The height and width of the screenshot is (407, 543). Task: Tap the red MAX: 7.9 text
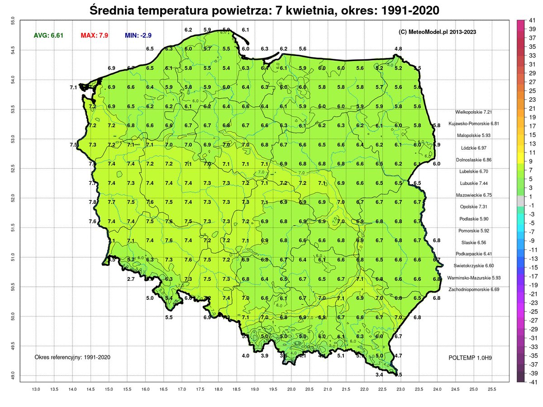[94, 35]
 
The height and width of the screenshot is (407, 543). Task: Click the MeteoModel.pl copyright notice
[437, 32]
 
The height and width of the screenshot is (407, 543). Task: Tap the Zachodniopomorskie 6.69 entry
[471, 289]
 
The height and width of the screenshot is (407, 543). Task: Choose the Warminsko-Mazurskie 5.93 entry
[470, 278]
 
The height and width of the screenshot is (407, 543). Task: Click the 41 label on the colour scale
[532, 20]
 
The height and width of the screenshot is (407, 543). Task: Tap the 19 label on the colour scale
[532, 117]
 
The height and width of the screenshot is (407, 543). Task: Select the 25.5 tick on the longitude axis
[492, 389]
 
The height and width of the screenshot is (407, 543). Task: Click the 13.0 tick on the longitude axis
[36, 389]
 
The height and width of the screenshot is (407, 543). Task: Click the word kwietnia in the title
[303, 9]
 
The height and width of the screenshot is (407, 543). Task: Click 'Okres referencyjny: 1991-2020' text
[72, 357]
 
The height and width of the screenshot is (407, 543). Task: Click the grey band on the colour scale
[520, 201]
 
